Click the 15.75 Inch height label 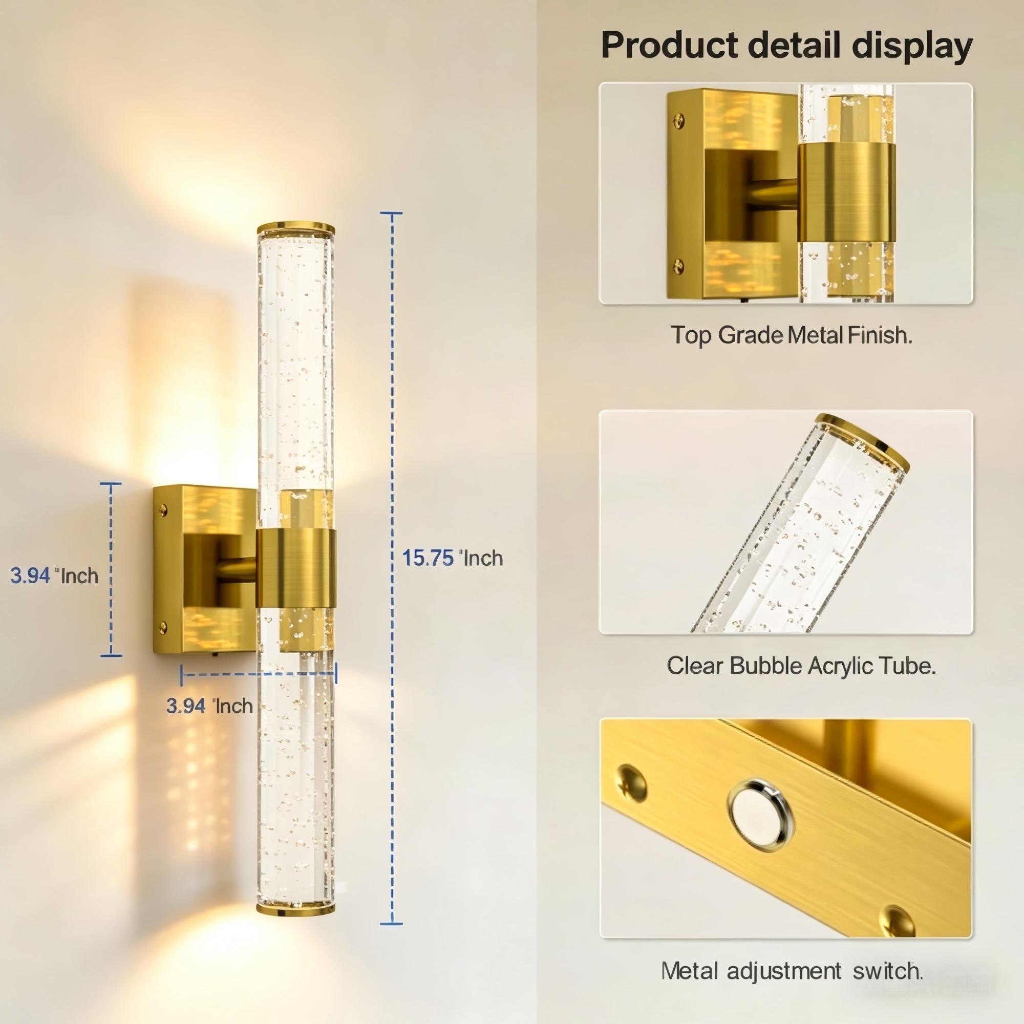click(453, 558)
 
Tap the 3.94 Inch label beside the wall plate click(55, 575)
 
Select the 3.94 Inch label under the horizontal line click(209, 706)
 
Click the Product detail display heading click(786, 46)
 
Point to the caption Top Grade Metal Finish click(792, 335)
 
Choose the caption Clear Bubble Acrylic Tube click(801, 666)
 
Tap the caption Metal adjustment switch click(792, 971)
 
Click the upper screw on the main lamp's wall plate click(163, 511)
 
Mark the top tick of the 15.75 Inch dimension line click(391, 213)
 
